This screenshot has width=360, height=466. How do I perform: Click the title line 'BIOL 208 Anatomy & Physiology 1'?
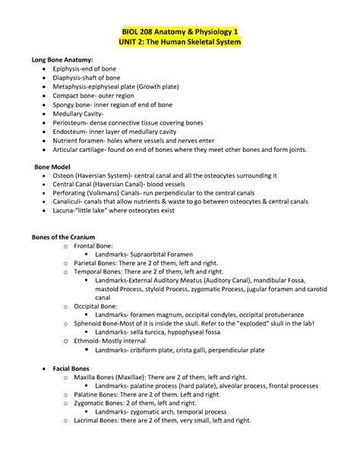(180, 31)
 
